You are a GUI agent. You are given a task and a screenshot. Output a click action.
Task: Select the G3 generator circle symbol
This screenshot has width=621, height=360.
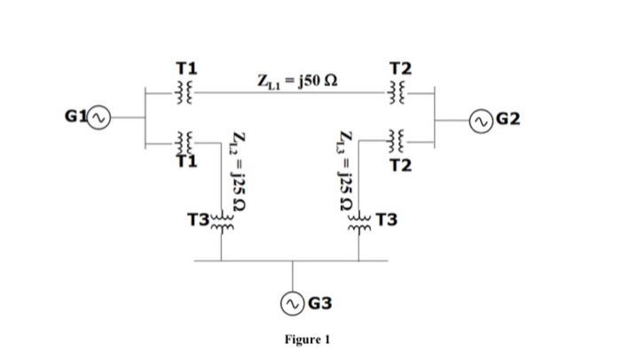click(293, 303)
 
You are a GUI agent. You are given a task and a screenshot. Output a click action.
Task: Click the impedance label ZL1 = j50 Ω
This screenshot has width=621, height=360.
click(295, 83)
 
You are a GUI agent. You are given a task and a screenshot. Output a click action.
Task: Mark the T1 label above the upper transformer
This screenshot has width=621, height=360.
click(187, 67)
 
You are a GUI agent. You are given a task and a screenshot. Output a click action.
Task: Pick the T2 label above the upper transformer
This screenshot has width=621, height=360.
click(401, 67)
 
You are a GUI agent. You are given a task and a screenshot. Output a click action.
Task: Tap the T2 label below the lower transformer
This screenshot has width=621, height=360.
click(401, 166)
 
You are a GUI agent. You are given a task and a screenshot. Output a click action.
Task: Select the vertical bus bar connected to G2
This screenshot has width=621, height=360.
click(436, 115)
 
